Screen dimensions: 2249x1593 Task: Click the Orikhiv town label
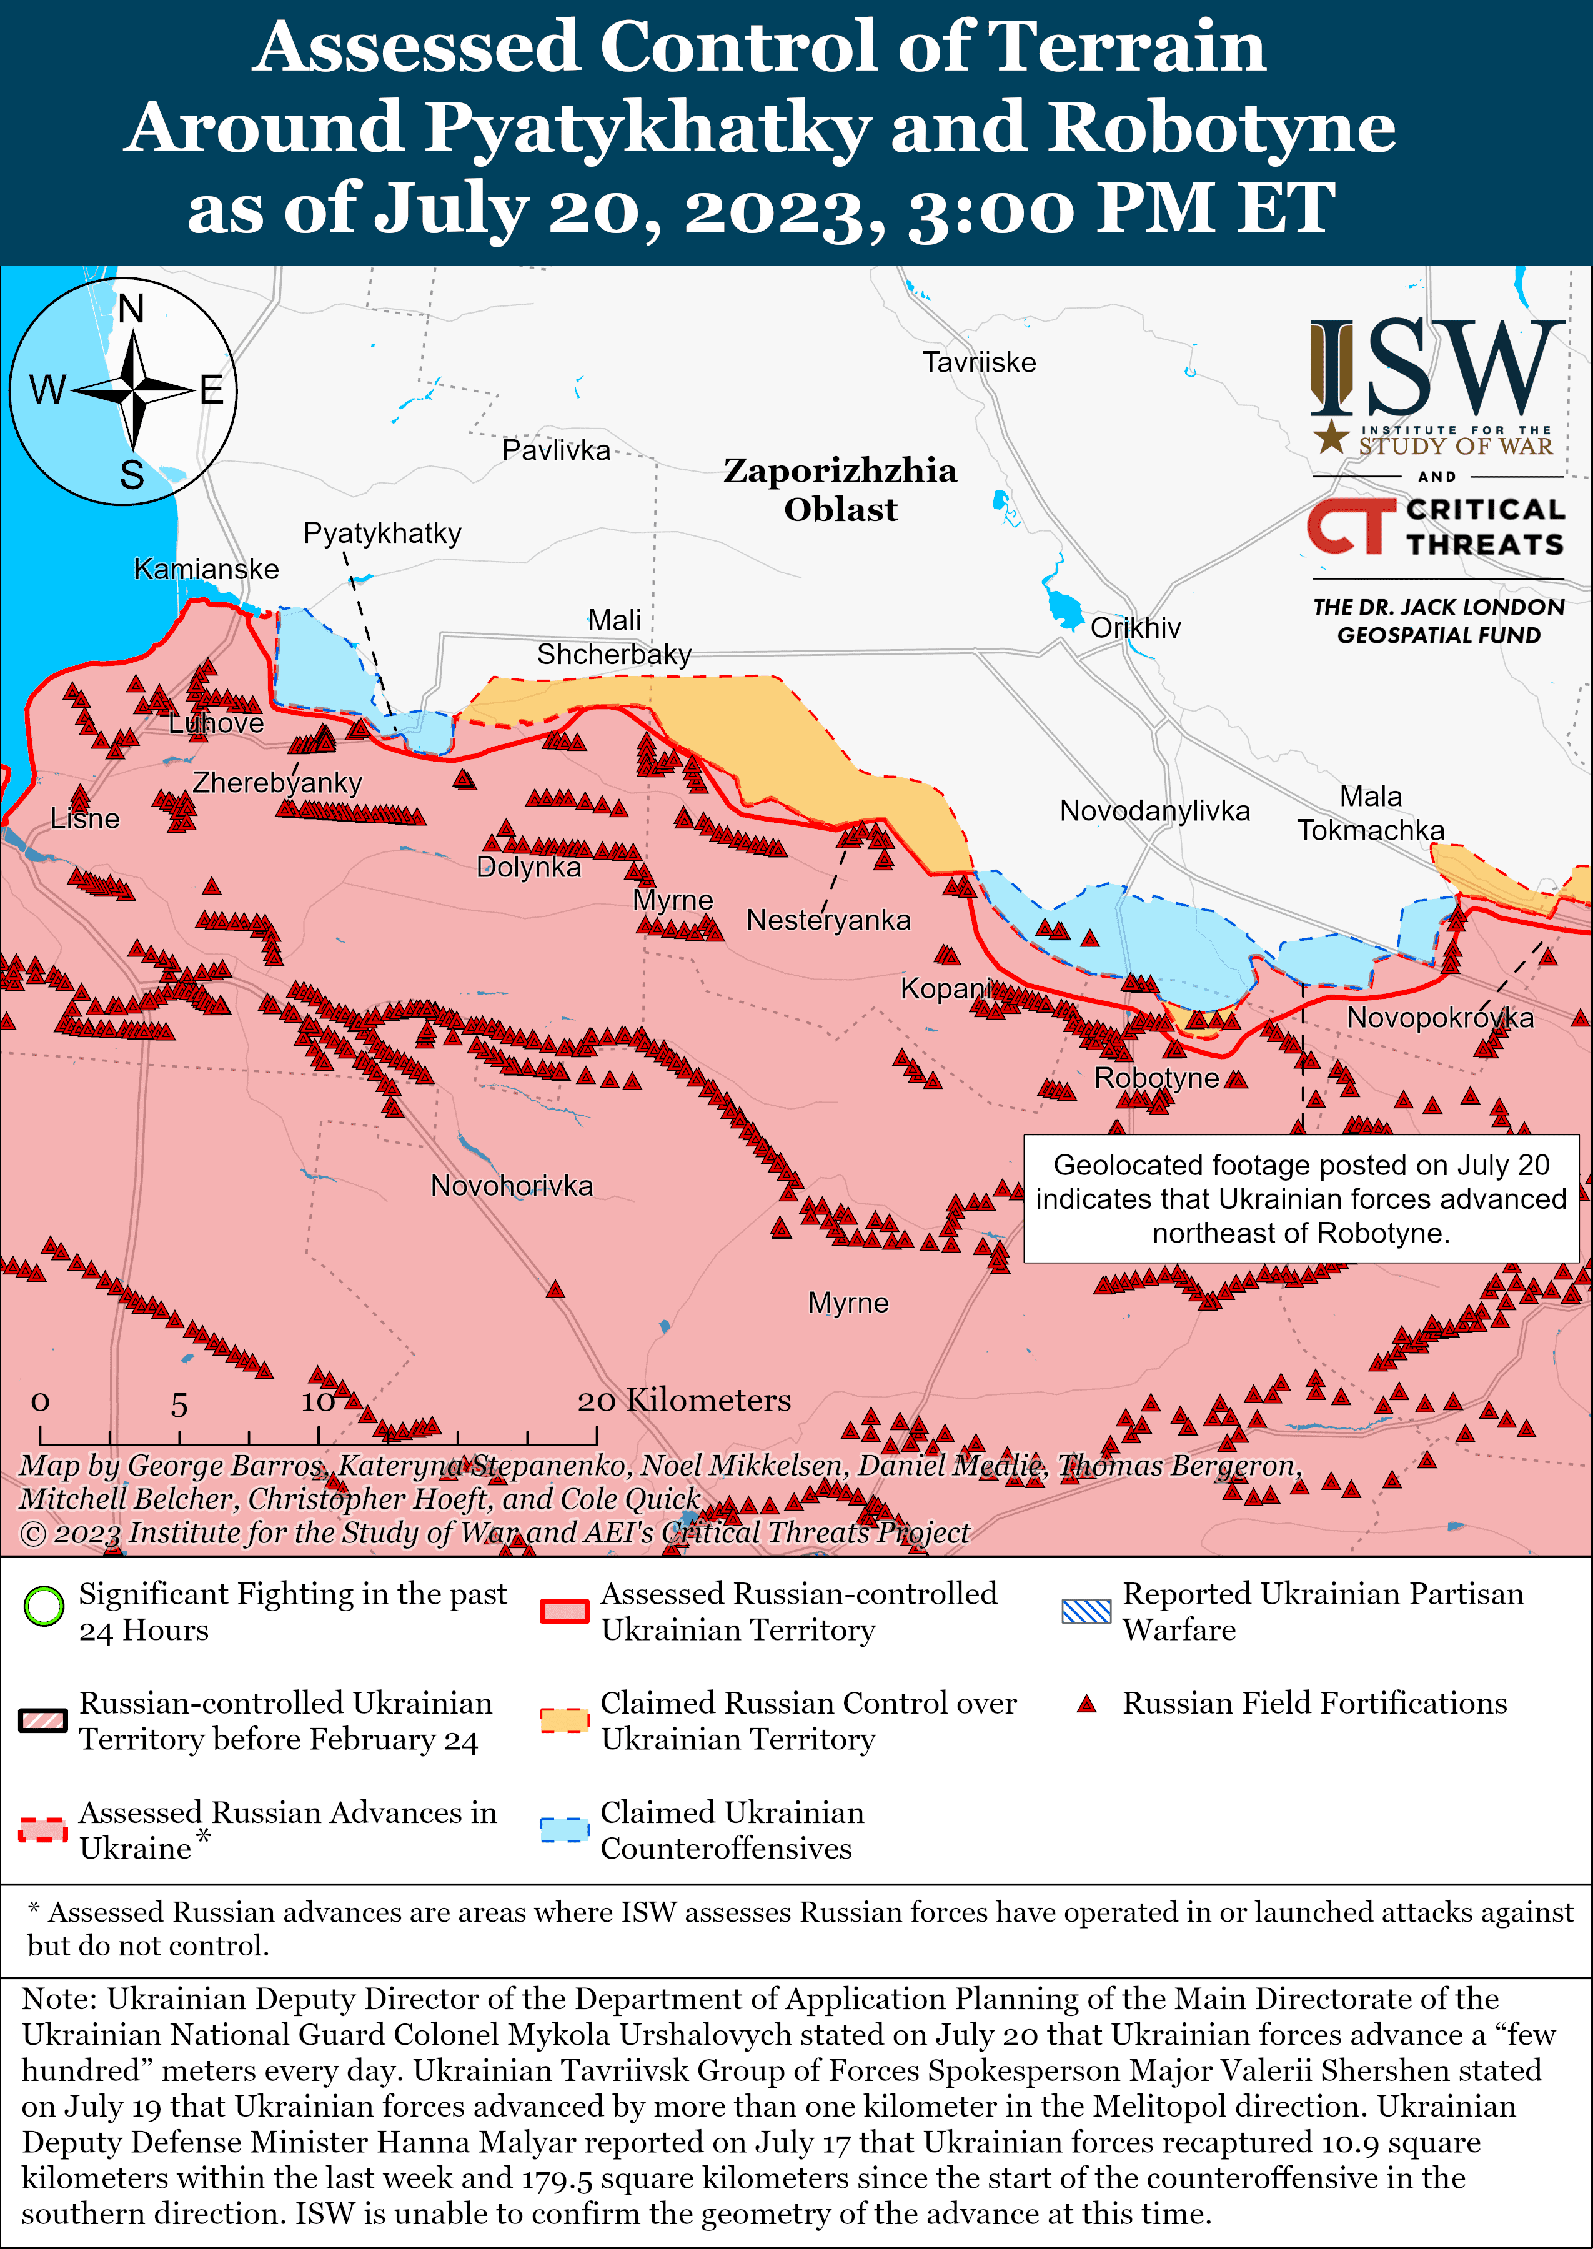[1135, 628]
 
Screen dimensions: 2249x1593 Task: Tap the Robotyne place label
[1156, 1078]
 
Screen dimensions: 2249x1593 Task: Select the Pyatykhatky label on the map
[382, 533]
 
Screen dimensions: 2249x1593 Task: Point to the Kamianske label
[206, 569]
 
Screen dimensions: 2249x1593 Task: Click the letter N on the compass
[131, 309]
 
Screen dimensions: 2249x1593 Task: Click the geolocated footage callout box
[1301, 1199]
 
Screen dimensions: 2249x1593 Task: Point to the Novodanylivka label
[1154, 811]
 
